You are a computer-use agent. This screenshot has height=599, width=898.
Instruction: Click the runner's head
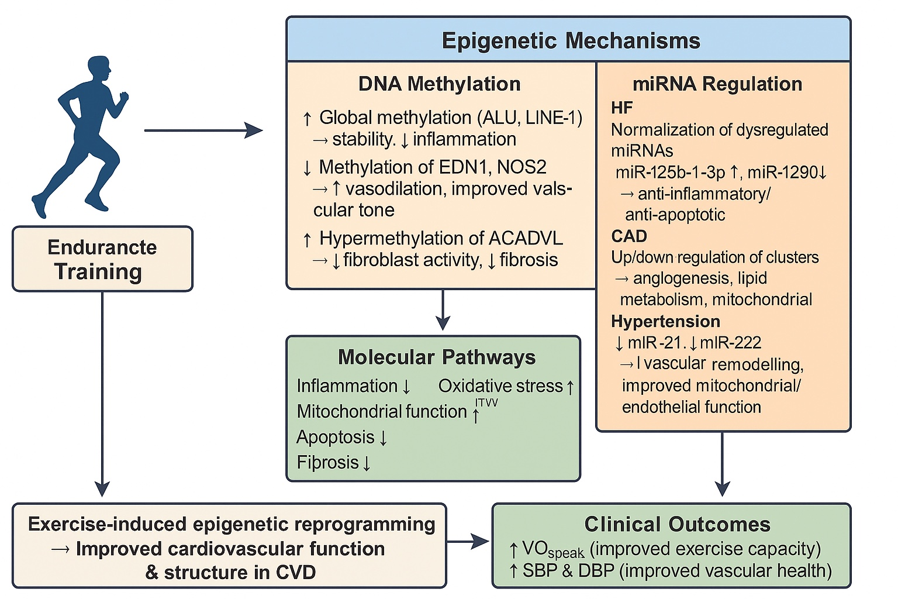tap(99, 70)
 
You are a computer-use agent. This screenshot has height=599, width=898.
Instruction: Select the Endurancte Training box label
tap(102, 259)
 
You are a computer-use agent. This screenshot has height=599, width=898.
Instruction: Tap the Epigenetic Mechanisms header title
tap(571, 41)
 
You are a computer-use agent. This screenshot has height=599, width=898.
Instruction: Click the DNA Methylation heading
tap(440, 84)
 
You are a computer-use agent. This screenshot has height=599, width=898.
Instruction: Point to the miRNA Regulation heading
tap(717, 84)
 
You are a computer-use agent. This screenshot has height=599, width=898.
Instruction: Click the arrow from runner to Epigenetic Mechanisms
tap(203, 130)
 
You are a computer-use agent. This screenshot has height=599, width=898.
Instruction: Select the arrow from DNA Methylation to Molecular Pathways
tap(443, 309)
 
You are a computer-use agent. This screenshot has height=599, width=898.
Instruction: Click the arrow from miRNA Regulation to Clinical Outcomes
tap(722, 464)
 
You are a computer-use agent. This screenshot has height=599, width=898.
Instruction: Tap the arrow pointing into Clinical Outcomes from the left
tap(468, 542)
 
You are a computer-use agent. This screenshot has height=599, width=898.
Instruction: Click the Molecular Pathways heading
tap(437, 357)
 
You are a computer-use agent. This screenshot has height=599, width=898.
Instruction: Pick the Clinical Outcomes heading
tap(677, 524)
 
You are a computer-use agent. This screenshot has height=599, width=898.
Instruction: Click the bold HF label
tap(622, 108)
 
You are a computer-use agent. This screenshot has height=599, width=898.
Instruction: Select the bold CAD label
tap(628, 236)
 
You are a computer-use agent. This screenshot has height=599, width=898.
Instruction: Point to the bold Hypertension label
tap(665, 321)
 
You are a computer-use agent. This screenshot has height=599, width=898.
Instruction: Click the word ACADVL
tap(526, 238)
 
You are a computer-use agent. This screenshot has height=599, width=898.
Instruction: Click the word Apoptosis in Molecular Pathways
tap(335, 437)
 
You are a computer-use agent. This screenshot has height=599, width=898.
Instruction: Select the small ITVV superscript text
tap(486, 403)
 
